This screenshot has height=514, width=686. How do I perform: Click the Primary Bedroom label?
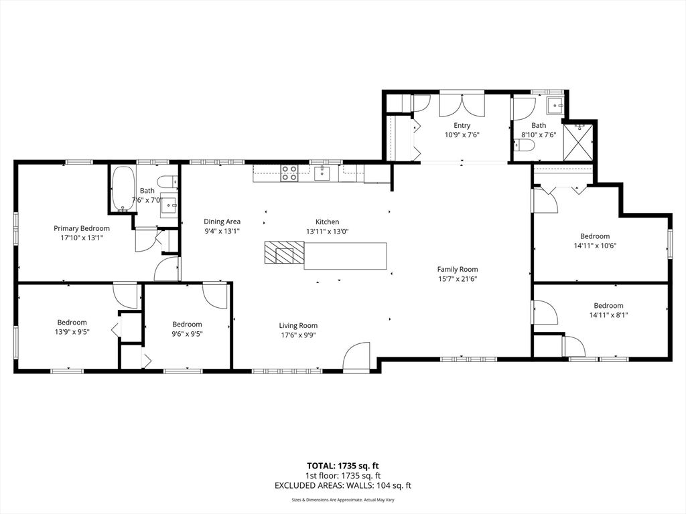click(x=82, y=228)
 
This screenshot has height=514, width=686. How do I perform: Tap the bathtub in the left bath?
click(x=122, y=189)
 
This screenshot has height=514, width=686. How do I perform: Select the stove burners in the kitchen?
click(x=289, y=173)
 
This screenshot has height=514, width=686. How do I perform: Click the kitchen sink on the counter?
click(x=322, y=173)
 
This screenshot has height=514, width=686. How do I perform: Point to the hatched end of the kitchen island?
click(x=283, y=254)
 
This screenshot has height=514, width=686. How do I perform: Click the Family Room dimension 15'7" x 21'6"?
click(x=458, y=278)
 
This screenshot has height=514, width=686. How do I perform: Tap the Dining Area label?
click(x=222, y=222)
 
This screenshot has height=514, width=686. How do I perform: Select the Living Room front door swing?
click(x=358, y=356)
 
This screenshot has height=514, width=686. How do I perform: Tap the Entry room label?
click(x=462, y=125)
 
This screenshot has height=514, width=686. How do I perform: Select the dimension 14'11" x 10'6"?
click(x=594, y=245)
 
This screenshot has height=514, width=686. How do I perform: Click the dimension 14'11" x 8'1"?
click(x=608, y=315)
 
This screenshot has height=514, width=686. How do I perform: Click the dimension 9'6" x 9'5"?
click(x=187, y=333)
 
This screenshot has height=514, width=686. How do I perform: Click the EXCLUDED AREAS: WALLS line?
click(x=342, y=486)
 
